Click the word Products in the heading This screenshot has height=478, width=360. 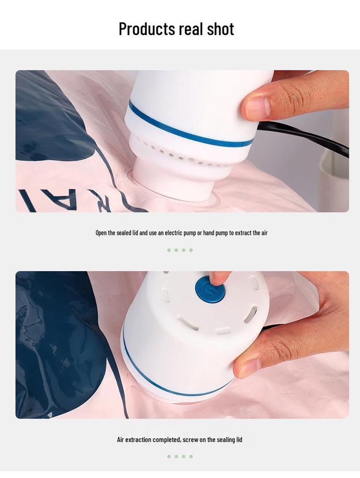coord(146,29)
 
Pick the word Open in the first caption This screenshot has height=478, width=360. coord(101,232)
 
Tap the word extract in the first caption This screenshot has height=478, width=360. coord(243,232)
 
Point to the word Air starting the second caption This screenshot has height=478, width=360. coord(120,440)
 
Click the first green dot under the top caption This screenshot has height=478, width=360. coord(169,250)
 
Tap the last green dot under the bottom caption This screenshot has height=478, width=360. coord(191,457)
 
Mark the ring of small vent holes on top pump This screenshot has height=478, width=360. coord(182,154)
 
